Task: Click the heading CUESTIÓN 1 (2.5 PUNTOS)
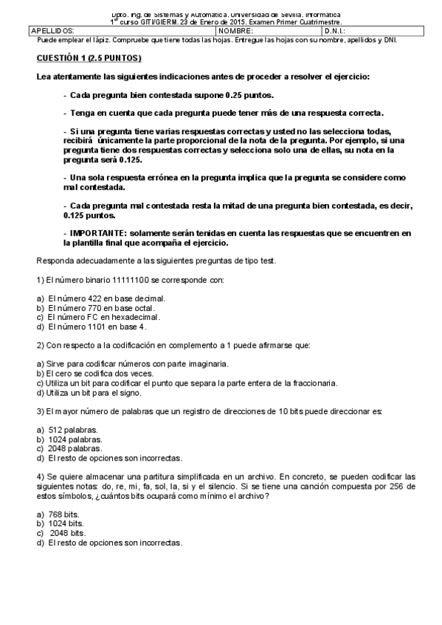point(89,57)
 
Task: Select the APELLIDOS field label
point(52,31)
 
